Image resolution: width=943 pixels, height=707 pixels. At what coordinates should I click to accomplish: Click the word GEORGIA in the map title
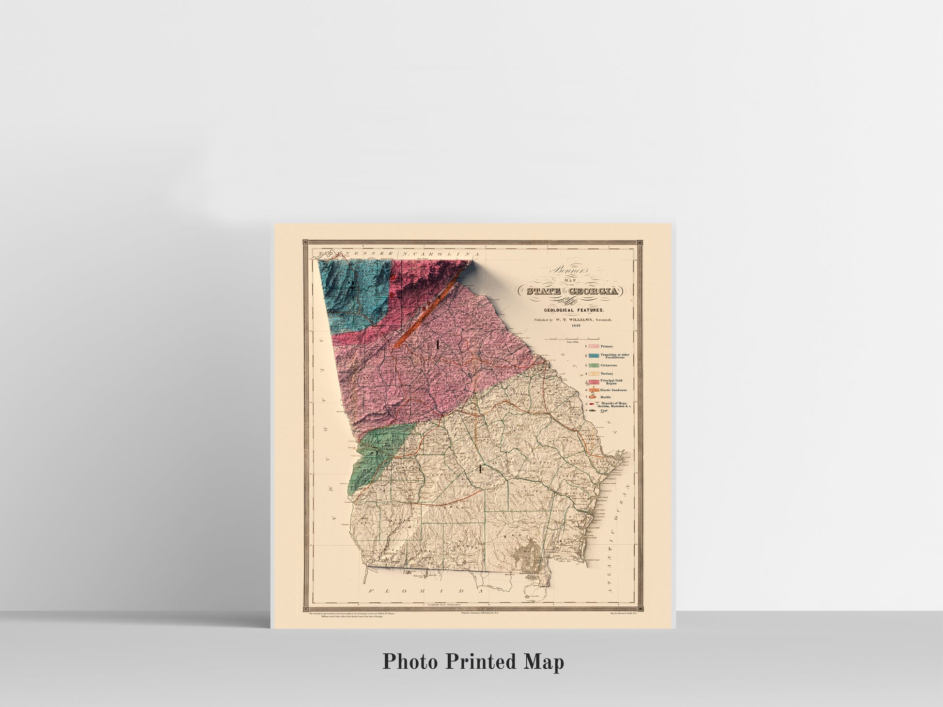(x=595, y=291)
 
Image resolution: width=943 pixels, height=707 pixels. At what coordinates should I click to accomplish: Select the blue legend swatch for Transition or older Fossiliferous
(x=593, y=355)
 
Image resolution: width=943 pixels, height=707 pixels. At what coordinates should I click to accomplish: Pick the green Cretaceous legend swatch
(x=593, y=365)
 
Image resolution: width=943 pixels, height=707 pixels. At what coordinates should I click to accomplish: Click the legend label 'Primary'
(x=607, y=346)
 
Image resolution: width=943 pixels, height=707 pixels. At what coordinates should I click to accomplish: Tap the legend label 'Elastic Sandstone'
(x=613, y=390)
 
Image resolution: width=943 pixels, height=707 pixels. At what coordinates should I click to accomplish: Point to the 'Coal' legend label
(x=604, y=411)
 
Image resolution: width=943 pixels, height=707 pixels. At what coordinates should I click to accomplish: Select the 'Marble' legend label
(x=606, y=397)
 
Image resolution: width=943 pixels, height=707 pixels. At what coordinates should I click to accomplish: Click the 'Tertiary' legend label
(x=607, y=373)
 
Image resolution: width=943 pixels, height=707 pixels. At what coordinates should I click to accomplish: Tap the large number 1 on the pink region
(x=438, y=345)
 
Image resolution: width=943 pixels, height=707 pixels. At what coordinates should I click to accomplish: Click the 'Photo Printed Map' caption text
(x=473, y=661)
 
